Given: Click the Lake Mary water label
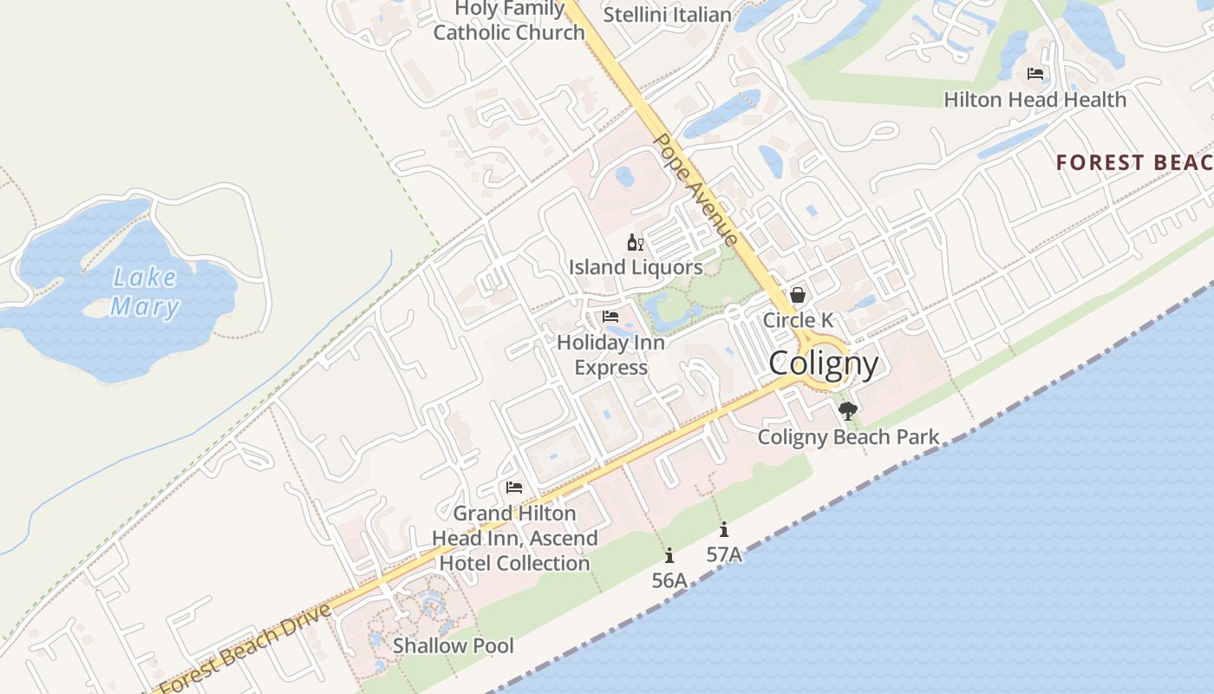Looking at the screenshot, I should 145,291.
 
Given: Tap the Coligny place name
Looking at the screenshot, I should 823,363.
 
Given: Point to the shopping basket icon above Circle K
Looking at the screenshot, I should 798,295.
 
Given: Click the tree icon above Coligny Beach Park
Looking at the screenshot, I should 848,411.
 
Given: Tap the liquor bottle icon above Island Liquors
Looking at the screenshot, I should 636,242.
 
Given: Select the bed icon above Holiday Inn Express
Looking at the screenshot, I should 610,317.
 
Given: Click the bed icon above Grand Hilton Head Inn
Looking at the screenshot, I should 514,488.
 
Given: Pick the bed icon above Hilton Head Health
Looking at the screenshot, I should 1035,74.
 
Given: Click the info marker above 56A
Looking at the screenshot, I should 669,555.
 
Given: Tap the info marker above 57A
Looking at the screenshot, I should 724,529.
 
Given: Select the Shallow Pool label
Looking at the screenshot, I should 453,645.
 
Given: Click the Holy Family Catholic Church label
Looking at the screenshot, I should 509,21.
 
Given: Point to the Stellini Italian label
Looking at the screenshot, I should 667,15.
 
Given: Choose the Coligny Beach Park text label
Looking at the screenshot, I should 848,436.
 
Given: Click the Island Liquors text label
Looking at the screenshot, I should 636,267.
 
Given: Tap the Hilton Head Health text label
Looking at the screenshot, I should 1035,100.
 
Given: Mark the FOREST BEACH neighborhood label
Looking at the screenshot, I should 1134,162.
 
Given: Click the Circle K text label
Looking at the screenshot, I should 798,320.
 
